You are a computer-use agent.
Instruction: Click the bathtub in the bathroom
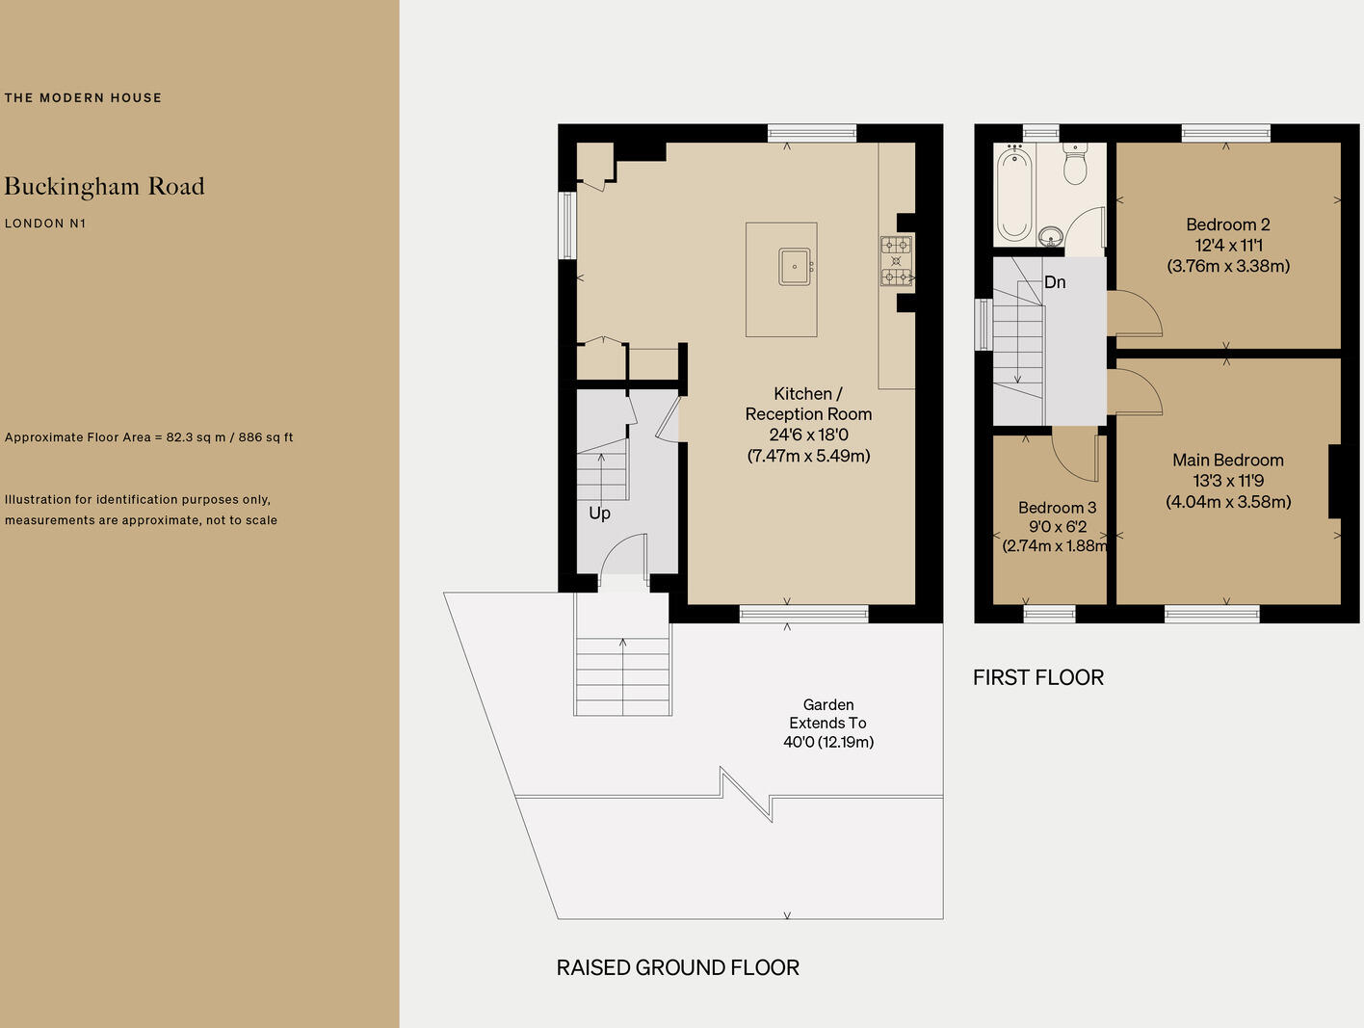(x=1013, y=194)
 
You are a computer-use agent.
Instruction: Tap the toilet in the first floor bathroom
(x=1075, y=165)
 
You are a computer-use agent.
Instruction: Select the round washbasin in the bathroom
(x=1051, y=236)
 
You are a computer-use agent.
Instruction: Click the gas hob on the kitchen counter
(x=896, y=261)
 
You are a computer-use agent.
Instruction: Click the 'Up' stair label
(x=599, y=514)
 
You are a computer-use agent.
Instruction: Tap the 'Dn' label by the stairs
(x=1055, y=282)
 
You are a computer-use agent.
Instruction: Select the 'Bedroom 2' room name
(x=1227, y=224)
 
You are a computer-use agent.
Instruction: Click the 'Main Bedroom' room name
(x=1227, y=461)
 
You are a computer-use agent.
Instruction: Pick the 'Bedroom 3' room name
(x=1057, y=508)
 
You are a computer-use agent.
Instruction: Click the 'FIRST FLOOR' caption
(x=1037, y=677)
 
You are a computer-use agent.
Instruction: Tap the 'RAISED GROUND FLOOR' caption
(x=677, y=967)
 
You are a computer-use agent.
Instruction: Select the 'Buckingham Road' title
(x=104, y=186)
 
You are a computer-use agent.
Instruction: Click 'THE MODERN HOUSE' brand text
(x=83, y=97)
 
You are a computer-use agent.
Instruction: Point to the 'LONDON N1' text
(x=45, y=224)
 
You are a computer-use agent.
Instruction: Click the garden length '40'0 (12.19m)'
(x=828, y=742)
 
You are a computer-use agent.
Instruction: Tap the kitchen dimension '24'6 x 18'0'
(x=808, y=435)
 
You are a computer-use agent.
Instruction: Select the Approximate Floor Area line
(x=148, y=437)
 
